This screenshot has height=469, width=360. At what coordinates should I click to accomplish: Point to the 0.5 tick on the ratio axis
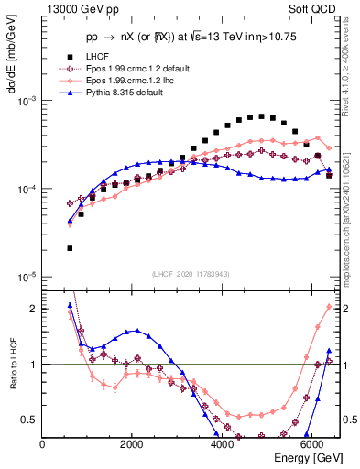tap(30, 420)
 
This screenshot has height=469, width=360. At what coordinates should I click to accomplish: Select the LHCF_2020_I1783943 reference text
tap(191, 274)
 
